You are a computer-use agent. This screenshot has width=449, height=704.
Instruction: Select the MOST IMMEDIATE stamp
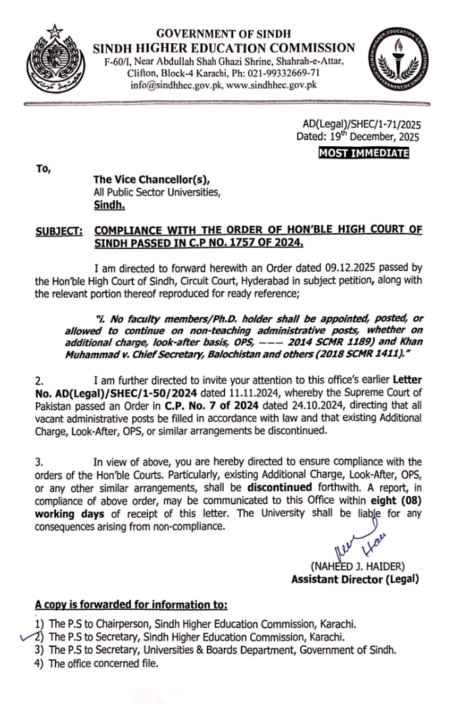pyautogui.click(x=363, y=153)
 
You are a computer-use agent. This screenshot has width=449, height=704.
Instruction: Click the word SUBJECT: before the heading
pyautogui.click(x=59, y=231)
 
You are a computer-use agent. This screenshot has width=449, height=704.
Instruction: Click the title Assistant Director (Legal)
pyautogui.click(x=354, y=579)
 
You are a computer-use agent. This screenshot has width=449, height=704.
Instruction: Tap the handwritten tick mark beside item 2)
pyautogui.click(x=27, y=636)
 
